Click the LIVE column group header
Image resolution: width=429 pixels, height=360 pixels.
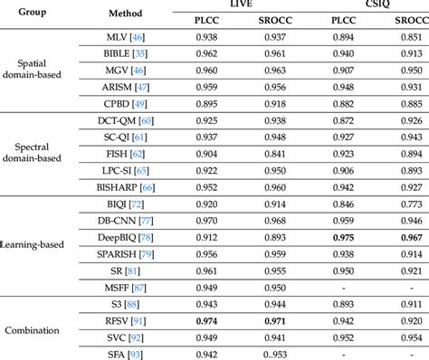click(241, 5)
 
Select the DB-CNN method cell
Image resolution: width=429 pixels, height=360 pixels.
click(126, 220)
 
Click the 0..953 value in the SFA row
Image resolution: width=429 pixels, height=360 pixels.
click(273, 354)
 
